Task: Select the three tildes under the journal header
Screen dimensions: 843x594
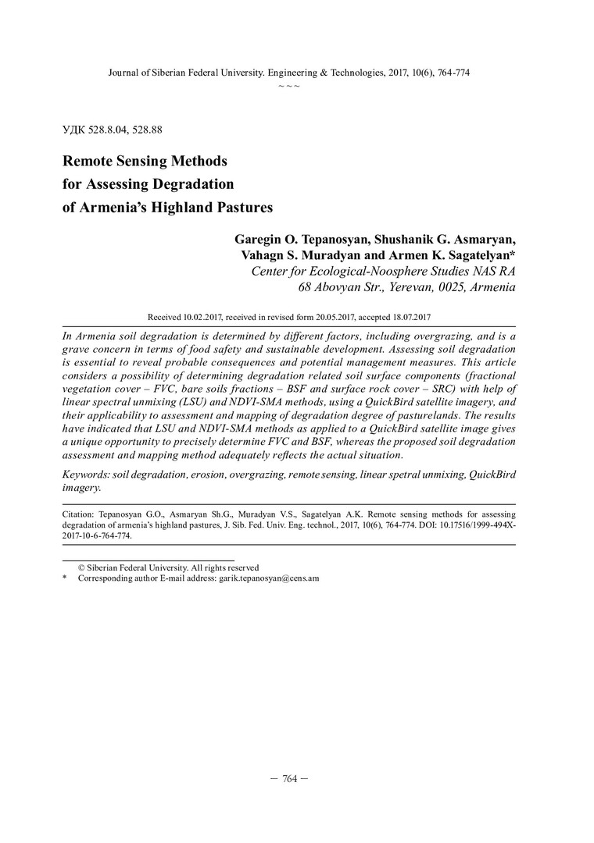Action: pyautogui.click(x=289, y=84)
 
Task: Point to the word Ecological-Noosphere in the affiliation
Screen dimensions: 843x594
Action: pyautogui.click(x=366, y=271)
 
